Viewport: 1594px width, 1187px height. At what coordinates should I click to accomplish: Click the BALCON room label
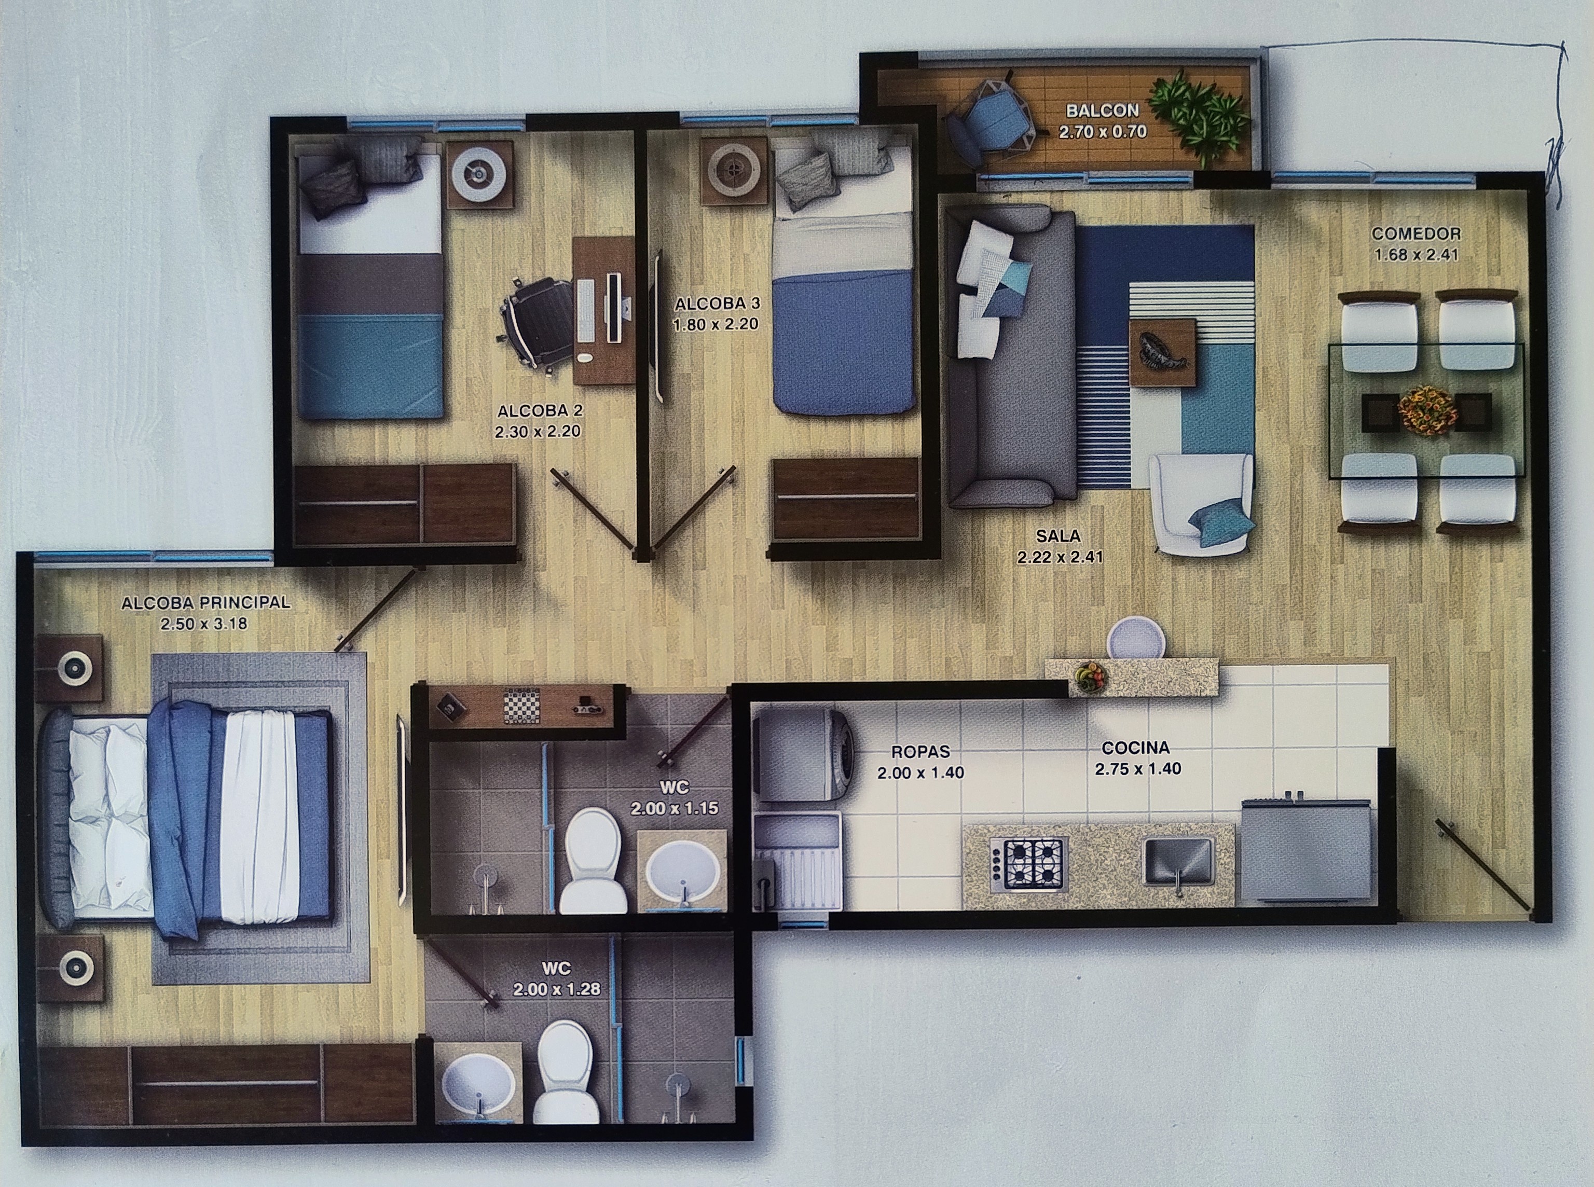click(x=1102, y=111)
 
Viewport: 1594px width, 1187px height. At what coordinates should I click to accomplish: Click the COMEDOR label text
click(x=1415, y=233)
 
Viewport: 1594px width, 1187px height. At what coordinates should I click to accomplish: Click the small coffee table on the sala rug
click(x=1162, y=353)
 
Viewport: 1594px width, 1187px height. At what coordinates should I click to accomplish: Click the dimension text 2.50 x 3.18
click(x=204, y=624)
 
